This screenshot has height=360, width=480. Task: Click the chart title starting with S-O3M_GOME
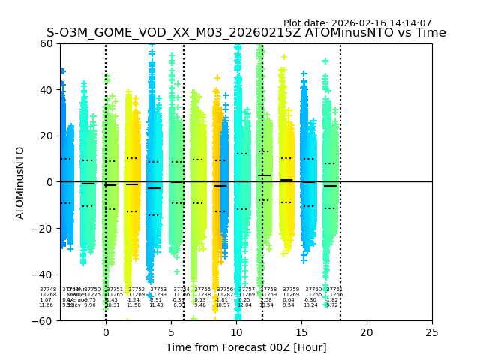246,33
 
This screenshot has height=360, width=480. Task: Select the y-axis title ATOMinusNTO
20,182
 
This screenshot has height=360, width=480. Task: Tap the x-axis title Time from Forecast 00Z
246,347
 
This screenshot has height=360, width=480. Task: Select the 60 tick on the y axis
46,43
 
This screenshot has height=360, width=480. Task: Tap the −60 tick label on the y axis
43,320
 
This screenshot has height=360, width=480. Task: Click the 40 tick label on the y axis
46,90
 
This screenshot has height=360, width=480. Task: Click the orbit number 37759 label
291,289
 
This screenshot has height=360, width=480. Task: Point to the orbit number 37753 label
158,289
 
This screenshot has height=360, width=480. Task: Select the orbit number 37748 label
48,289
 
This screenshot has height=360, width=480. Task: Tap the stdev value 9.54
289,305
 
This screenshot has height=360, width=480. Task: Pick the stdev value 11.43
156,305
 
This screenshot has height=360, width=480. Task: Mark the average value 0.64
289,300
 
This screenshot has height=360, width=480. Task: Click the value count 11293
158,295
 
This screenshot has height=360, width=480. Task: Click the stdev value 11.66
46,305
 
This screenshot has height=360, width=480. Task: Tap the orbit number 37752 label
136,289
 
